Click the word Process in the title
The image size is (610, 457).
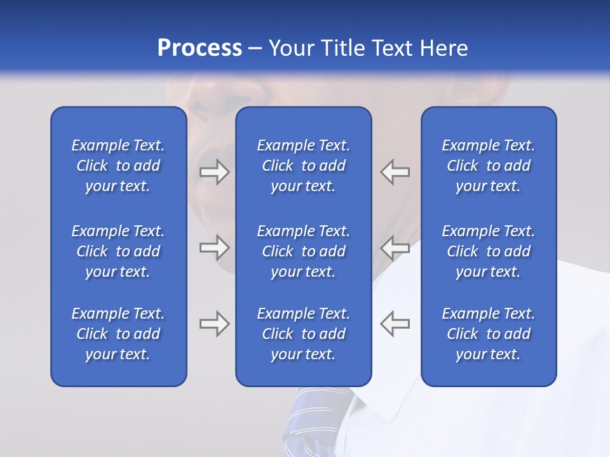(x=200, y=48)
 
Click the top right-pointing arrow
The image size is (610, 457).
(x=214, y=172)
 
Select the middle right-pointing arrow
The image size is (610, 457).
(x=214, y=248)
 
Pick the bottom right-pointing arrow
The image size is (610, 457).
(x=214, y=324)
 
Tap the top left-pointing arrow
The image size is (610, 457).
(x=395, y=172)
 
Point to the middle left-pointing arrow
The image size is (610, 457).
(x=395, y=248)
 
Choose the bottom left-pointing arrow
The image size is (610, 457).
(x=395, y=324)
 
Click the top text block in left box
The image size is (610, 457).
(x=118, y=166)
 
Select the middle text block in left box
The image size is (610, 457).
(x=118, y=251)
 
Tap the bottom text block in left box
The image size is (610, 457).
(x=118, y=334)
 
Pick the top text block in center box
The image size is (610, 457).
(x=303, y=166)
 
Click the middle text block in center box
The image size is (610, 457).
(x=303, y=251)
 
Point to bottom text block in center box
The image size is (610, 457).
(x=303, y=334)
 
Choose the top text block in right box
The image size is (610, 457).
(x=488, y=166)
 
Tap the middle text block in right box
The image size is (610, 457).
(x=488, y=251)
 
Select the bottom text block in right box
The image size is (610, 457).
(x=488, y=334)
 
